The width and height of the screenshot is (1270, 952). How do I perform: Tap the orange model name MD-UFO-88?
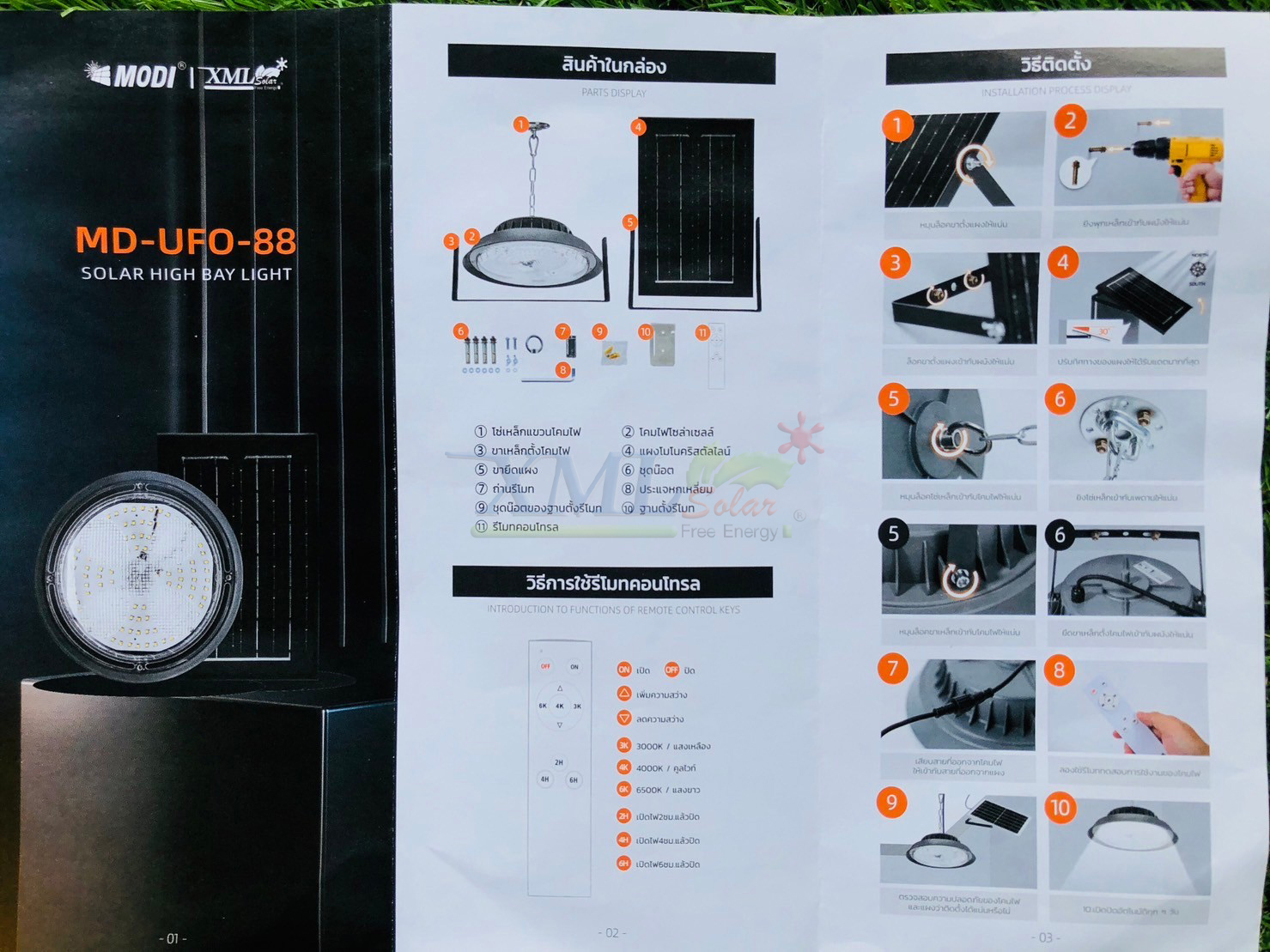tap(185, 241)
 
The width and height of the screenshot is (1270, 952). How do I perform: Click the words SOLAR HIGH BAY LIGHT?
tap(186, 274)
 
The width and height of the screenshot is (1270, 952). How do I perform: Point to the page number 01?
tap(173, 938)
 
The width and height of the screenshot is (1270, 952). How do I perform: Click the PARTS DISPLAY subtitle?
tap(613, 93)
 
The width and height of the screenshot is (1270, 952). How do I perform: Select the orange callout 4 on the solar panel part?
tap(638, 127)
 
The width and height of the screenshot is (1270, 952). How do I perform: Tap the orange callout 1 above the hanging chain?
tap(520, 124)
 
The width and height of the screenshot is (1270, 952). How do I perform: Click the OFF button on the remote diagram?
tap(545, 666)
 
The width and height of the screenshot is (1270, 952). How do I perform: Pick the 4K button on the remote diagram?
tap(559, 706)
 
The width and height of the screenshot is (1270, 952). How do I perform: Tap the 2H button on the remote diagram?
tap(559, 762)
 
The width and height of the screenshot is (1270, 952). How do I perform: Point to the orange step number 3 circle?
tap(896, 263)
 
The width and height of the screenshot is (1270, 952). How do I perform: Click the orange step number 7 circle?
tap(893, 668)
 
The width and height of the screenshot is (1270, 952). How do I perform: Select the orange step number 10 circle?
tap(1060, 807)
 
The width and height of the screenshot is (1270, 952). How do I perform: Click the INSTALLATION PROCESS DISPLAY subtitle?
tap(1055, 89)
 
